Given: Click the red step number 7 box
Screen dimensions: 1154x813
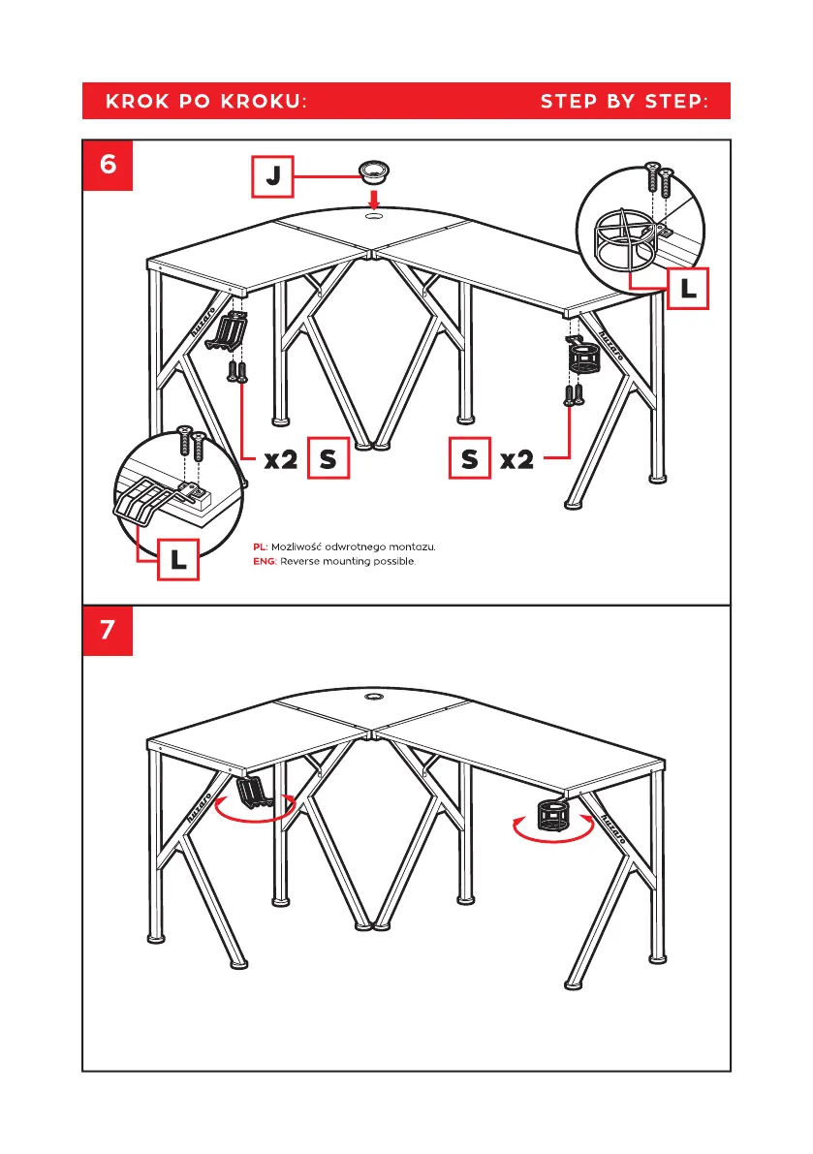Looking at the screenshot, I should click(x=108, y=630).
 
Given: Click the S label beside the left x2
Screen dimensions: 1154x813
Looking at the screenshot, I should click(x=328, y=460).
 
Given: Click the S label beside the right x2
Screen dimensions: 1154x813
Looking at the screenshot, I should click(x=470, y=460).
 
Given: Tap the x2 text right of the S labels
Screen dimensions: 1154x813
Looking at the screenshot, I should click(x=517, y=460).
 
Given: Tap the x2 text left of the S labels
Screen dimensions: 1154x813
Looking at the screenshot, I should click(x=281, y=460).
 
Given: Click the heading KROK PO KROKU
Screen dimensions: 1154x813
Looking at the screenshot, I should click(x=206, y=101).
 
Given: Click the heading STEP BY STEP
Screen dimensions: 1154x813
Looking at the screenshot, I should click(x=624, y=101).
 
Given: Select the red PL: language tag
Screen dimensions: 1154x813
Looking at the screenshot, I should click(x=261, y=547).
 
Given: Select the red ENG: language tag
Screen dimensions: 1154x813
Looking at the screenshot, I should click(x=265, y=562).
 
